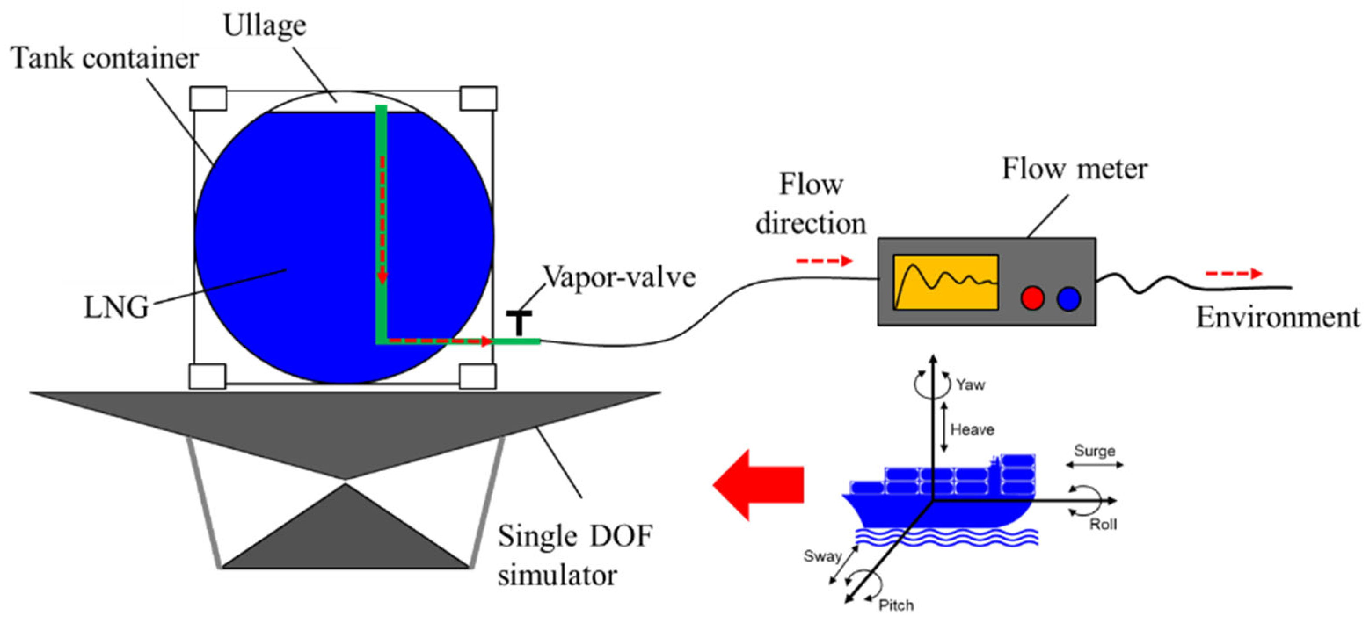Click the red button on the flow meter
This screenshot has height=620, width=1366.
tap(1032, 298)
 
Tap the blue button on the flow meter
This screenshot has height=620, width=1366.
tap(1068, 298)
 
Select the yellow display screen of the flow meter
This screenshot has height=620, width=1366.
tap(946, 282)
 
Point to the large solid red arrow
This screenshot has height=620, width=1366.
tap(758, 484)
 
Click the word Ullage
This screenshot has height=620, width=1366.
tap(265, 25)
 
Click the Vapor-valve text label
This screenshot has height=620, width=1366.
tap(619, 277)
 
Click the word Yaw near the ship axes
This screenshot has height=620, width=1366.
tap(970, 384)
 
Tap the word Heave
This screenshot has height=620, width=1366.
tap(972, 429)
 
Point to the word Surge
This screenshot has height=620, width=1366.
tap(1094, 451)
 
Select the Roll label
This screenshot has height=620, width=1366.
tap(1103, 524)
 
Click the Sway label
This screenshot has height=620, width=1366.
tap(822, 556)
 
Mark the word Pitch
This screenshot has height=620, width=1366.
tap(896, 605)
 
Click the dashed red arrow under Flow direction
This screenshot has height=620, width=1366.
tap(824, 261)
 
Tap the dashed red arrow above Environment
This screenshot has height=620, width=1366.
tap(1233, 273)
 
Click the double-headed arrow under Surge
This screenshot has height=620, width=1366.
tap(1094, 465)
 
